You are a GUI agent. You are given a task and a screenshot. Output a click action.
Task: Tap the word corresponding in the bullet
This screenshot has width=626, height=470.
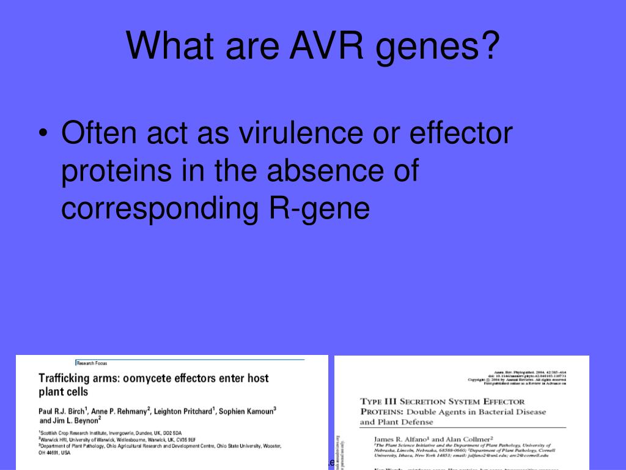pyautogui.click(x=160, y=209)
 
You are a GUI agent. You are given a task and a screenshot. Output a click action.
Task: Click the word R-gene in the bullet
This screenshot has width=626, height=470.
pyautogui.click(x=320, y=209)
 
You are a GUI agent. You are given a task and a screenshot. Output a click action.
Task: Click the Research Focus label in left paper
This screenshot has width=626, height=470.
pyautogui.click(x=92, y=363)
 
